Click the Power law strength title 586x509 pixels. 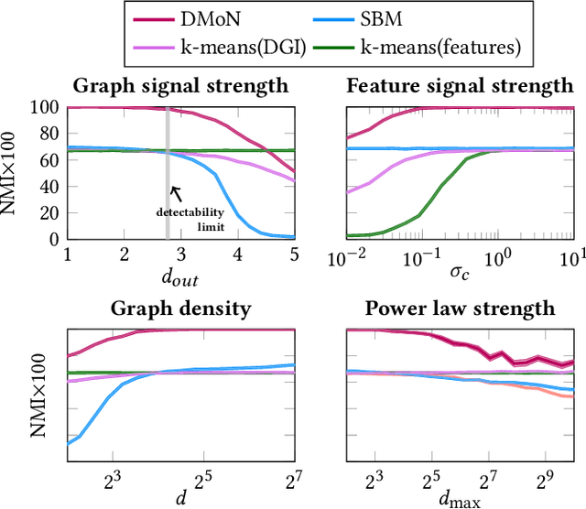click(464, 309)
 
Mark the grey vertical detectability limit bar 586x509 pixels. click(167, 146)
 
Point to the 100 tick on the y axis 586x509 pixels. click(46, 107)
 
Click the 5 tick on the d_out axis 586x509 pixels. click(294, 254)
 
